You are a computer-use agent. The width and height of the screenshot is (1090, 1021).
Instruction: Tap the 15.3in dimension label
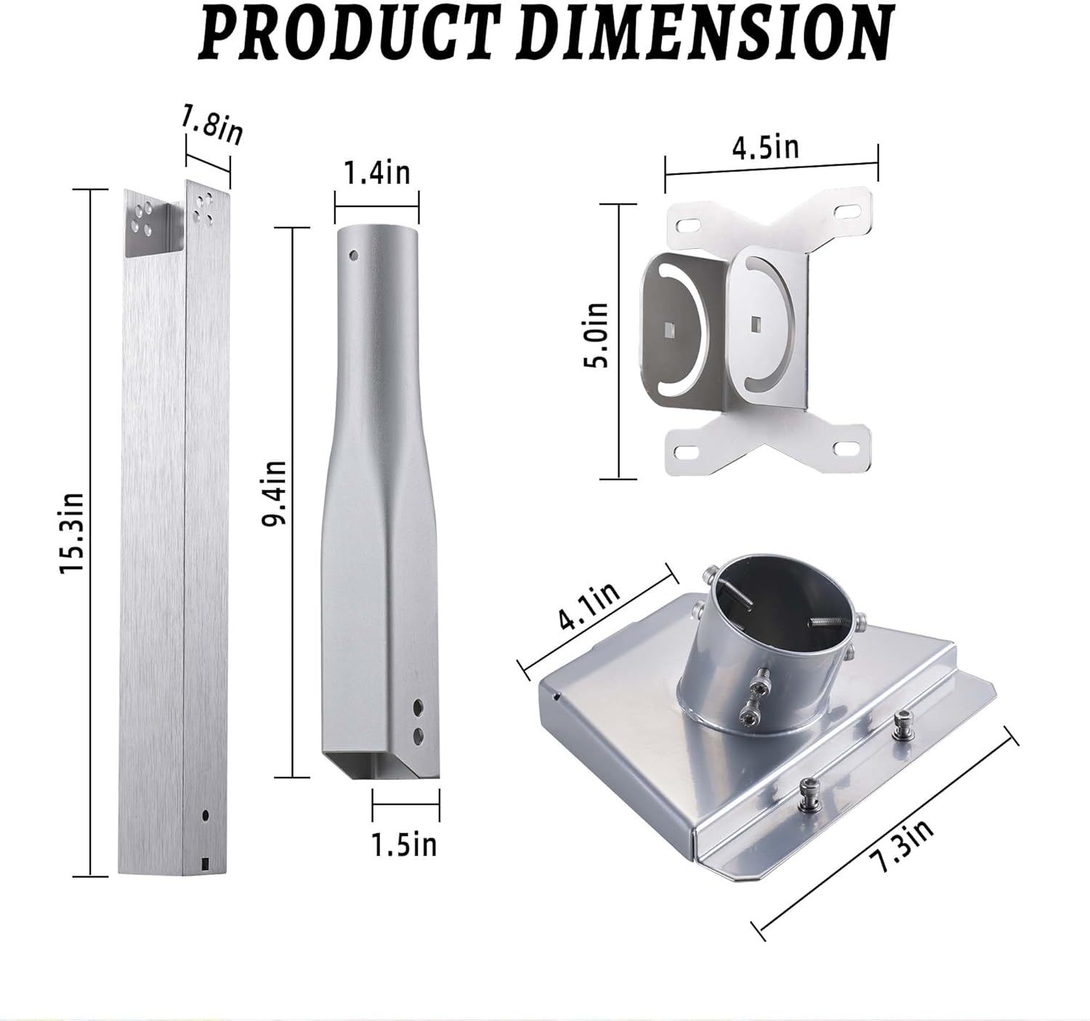72,533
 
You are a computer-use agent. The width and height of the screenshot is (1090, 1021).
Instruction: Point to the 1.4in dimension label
377,173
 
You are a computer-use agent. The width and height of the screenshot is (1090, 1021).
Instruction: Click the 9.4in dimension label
274,493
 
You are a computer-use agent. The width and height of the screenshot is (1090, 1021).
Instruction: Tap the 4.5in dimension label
766,148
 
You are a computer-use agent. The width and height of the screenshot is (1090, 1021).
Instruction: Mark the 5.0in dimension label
595,335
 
